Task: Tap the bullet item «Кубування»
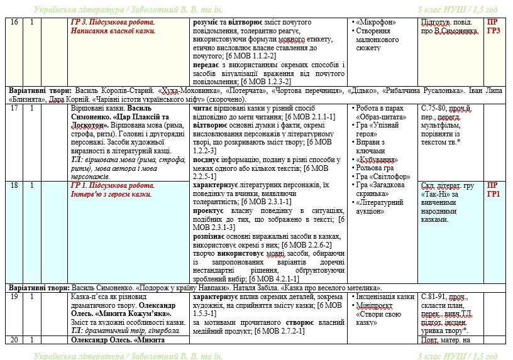click(378, 160)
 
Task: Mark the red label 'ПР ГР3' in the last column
click(494, 26)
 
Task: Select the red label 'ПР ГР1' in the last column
click(494, 189)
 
